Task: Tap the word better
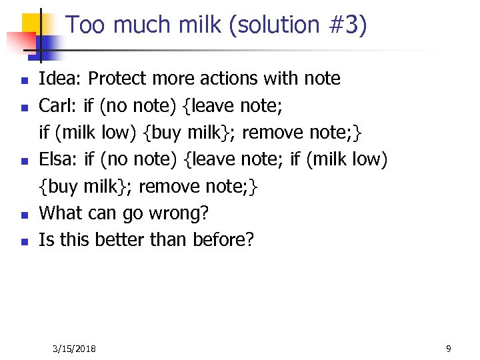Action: pos(121,240)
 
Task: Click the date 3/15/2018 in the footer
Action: pos(74,349)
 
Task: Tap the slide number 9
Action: pos(449,349)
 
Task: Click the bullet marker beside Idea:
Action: pos(23,81)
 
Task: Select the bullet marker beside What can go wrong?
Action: pos(23,215)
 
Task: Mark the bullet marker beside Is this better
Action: pos(23,242)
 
